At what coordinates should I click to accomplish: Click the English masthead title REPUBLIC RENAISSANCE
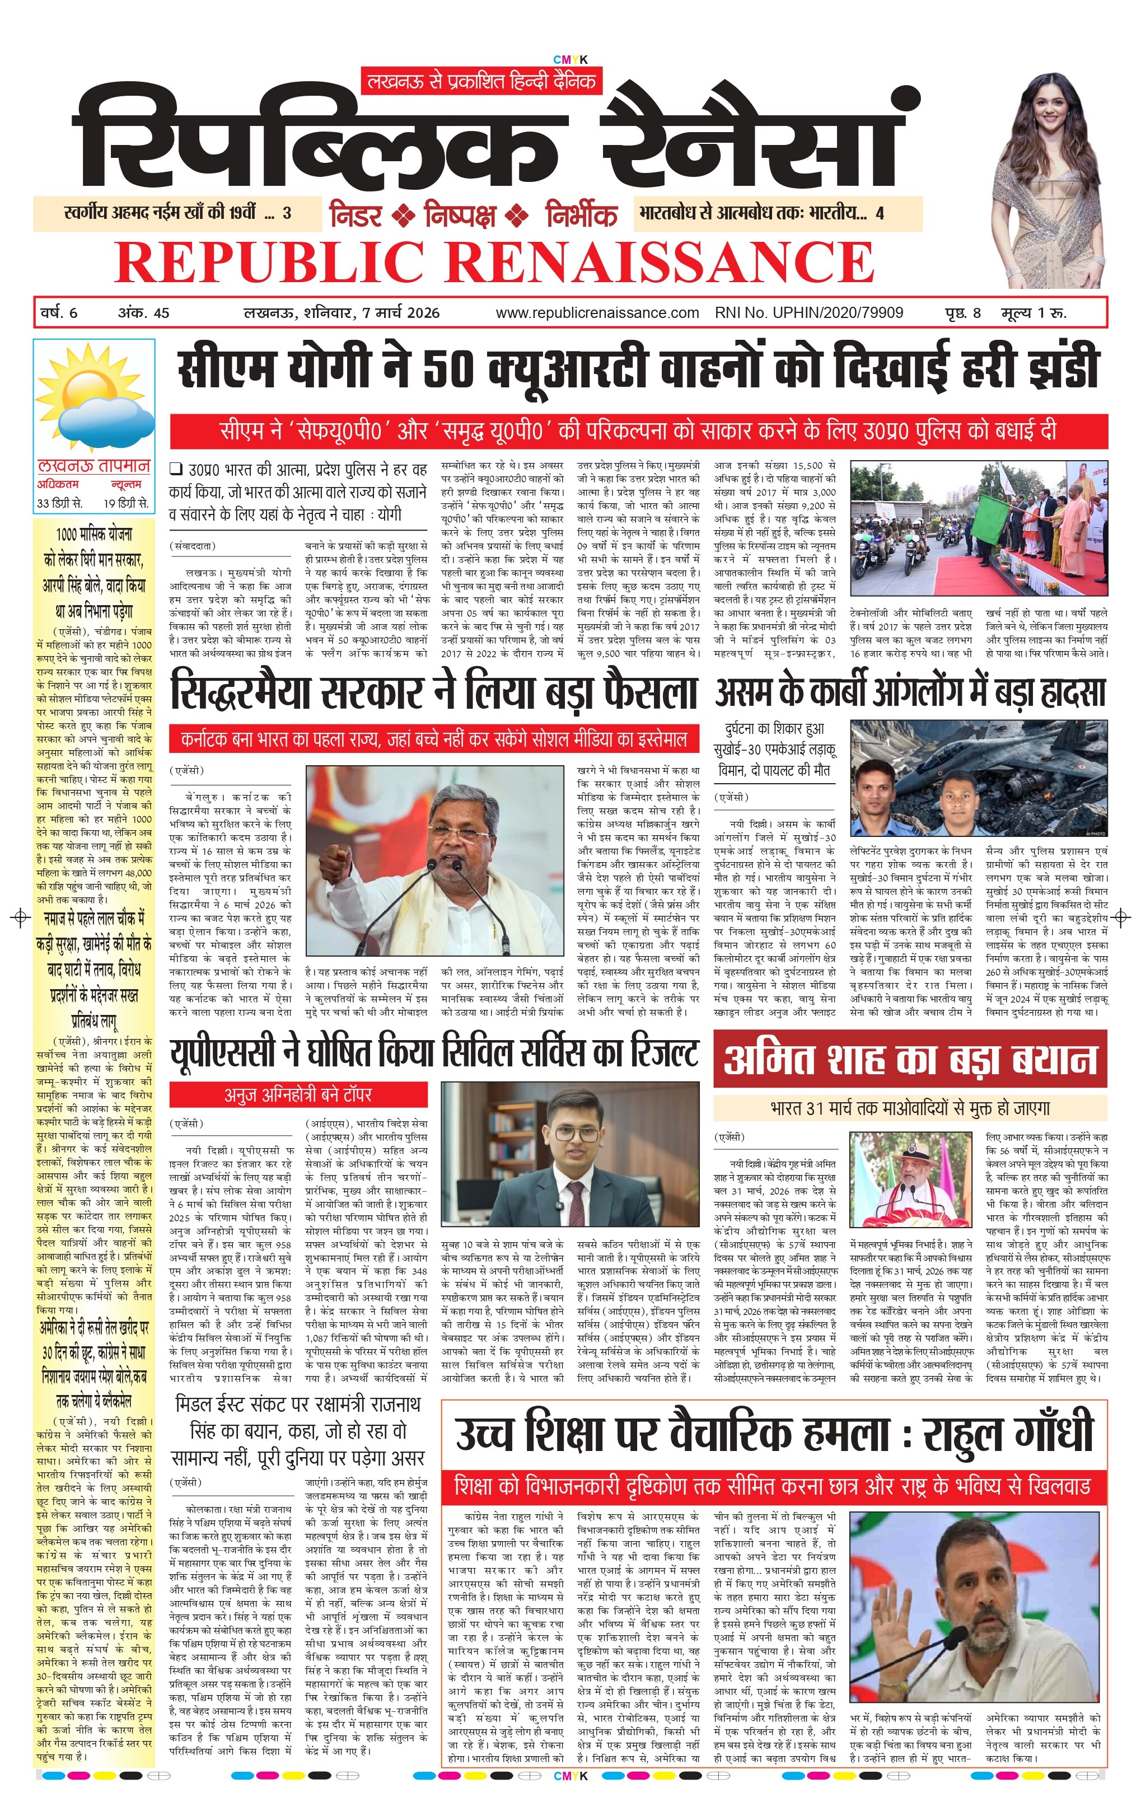(494, 261)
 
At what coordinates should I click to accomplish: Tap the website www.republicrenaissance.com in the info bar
(596, 313)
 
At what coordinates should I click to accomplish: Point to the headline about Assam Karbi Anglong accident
(910, 691)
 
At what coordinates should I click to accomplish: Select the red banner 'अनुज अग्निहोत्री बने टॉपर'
(298, 1095)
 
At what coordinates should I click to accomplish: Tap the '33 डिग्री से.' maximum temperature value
(60, 503)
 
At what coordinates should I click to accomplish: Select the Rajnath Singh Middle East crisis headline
(298, 1431)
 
